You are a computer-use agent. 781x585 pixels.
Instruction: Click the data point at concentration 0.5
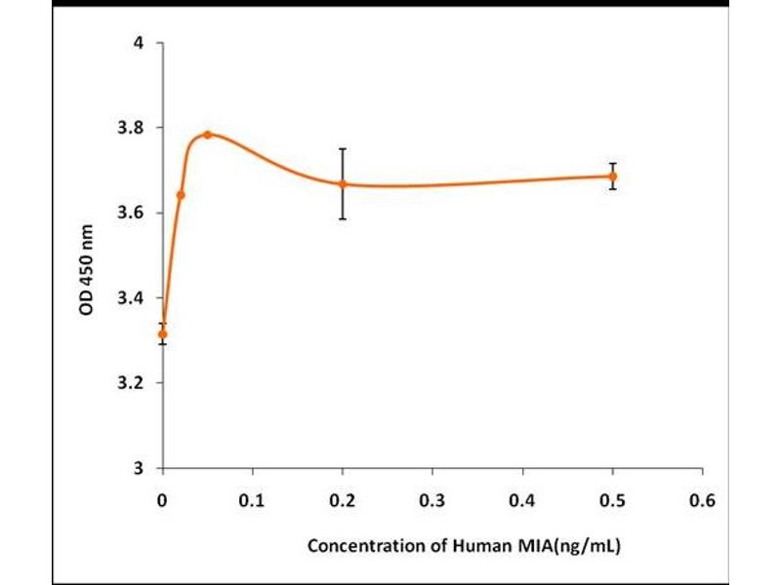(612, 176)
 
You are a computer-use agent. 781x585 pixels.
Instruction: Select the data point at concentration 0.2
(343, 183)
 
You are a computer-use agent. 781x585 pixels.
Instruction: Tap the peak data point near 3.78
(207, 135)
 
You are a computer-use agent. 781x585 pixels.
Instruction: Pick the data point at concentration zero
(163, 333)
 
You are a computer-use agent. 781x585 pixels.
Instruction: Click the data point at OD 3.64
(181, 195)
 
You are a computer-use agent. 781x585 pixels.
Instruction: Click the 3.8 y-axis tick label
(133, 128)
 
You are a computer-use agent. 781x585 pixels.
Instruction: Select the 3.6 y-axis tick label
(133, 213)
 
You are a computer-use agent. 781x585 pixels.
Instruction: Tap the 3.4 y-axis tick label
(133, 297)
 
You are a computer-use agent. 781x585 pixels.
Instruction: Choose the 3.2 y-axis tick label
(133, 382)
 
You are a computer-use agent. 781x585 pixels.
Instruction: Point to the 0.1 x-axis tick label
(253, 500)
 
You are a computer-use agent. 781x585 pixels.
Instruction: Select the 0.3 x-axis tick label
(432, 500)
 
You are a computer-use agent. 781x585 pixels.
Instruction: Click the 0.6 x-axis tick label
(702, 500)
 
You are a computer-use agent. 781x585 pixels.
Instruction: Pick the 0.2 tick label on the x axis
(343, 500)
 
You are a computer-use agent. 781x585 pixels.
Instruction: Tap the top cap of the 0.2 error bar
(343, 148)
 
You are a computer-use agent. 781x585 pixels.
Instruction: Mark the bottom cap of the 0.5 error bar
(612, 188)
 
